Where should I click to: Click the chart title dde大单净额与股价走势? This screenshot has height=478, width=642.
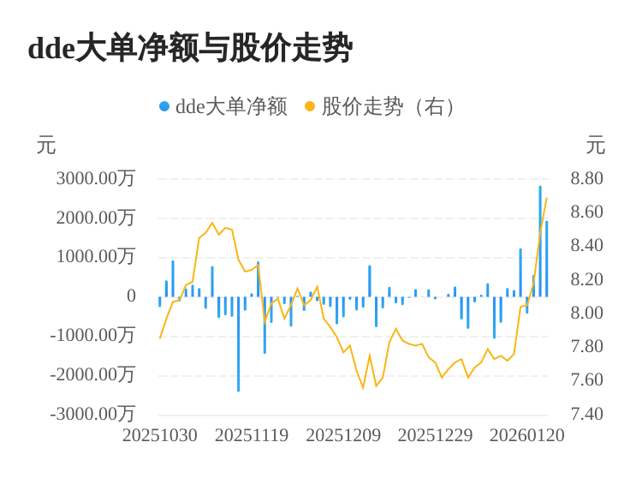click(x=190, y=48)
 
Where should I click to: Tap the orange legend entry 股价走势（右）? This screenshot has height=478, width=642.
click(x=383, y=106)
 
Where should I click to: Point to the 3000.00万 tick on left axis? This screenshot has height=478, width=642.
click(x=96, y=178)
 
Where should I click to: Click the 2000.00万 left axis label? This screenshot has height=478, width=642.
click(x=96, y=218)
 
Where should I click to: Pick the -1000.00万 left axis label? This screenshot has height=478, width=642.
click(x=92, y=335)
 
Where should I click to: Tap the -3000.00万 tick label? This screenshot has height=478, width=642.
click(x=92, y=414)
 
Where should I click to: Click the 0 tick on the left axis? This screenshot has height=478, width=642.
click(x=131, y=296)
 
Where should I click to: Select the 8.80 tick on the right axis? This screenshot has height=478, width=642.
click(x=587, y=178)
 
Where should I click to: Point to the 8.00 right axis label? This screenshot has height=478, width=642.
click(x=587, y=313)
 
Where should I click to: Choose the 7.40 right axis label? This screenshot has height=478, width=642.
click(x=587, y=414)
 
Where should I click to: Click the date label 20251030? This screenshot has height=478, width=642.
click(x=160, y=435)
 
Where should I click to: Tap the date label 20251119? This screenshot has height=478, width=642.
click(x=252, y=435)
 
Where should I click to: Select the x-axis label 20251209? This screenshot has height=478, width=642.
click(x=343, y=435)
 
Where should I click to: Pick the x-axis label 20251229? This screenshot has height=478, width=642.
click(x=435, y=435)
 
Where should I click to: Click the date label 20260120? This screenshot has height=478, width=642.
click(x=526, y=435)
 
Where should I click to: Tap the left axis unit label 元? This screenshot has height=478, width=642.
click(x=46, y=146)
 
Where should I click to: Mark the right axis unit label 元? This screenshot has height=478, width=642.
click(x=596, y=146)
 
